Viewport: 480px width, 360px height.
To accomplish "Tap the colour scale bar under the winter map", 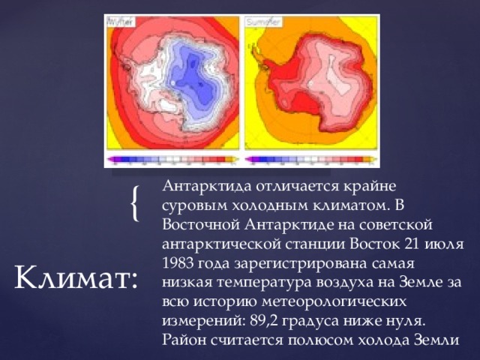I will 172,159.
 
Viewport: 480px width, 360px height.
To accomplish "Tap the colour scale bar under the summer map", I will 309,159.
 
